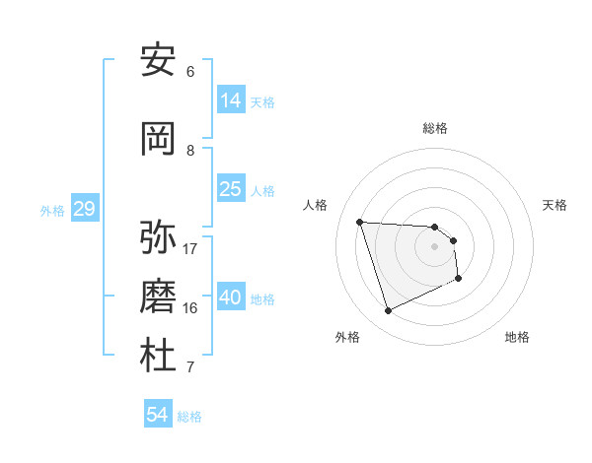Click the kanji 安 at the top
pos(158,60)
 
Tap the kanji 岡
pos(158,139)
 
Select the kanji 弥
pos(158,237)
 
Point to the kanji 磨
pos(158,297)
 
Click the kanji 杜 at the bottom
pos(158,356)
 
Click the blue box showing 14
pos(231,99)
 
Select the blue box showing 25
pos(231,189)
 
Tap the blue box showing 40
pos(231,297)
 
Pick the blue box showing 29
pos(84,208)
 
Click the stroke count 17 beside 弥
pos(190,248)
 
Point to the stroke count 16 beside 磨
pos(190,307)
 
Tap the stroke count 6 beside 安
pos(190,71)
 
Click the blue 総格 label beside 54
pos(189,417)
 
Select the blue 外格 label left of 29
pos(52,210)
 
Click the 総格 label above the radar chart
pos(435,128)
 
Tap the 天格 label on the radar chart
pos(555,205)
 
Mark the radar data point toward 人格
pos(360,222)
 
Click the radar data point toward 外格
pos(388,311)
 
